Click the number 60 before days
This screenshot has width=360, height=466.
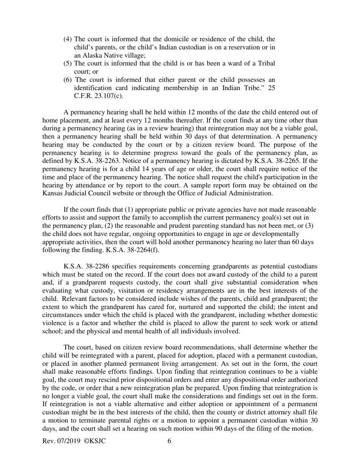pos(296,242)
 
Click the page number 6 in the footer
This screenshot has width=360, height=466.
pos(169,441)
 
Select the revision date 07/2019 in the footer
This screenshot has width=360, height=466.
pos(69,441)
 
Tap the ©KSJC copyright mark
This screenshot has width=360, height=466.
pos(94,441)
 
